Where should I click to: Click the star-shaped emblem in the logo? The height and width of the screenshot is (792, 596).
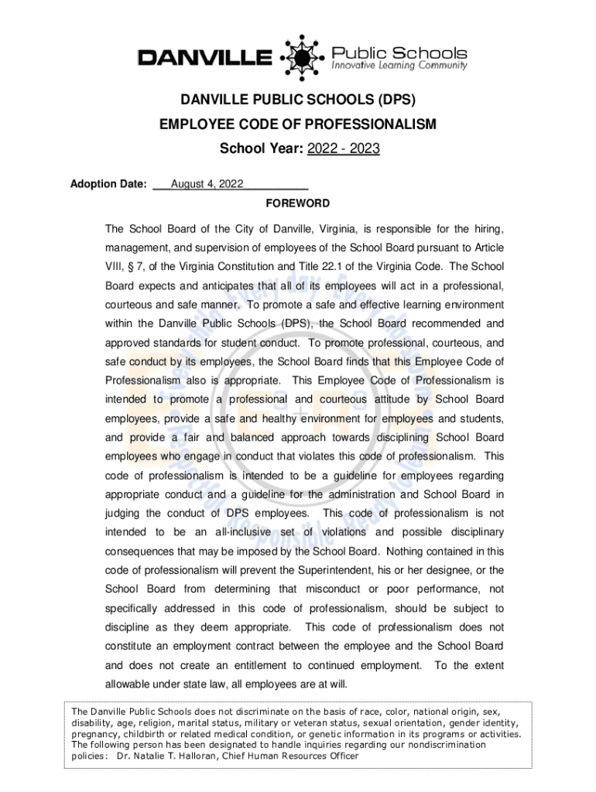click(x=301, y=56)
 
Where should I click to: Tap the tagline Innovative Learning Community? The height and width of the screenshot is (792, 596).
click(x=399, y=67)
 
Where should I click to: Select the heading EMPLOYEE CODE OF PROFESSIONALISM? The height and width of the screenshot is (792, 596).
click(x=298, y=125)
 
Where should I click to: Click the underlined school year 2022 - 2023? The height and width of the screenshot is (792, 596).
click(x=343, y=148)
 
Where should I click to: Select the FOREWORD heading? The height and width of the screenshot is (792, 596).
click(x=298, y=203)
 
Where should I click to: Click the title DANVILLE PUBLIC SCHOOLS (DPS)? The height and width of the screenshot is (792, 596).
click(x=298, y=101)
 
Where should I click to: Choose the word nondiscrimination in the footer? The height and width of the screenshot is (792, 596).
click(x=440, y=744)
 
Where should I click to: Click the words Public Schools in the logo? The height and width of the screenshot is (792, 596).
click(x=399, y=53)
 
